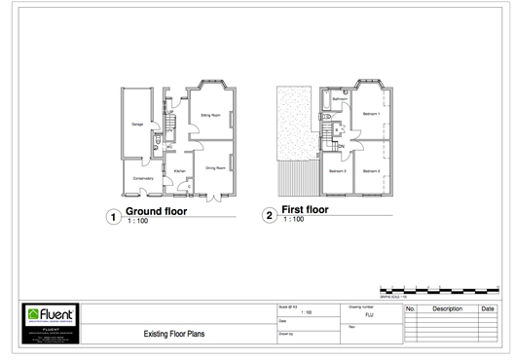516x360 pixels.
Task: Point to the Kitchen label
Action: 179,172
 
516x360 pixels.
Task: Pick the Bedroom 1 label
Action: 371,114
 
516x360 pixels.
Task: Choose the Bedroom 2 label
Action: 371,170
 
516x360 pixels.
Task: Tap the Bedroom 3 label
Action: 337,170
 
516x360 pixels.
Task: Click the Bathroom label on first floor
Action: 340,99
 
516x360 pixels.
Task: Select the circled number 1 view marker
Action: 114,217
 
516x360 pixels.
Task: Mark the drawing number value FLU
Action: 369,315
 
